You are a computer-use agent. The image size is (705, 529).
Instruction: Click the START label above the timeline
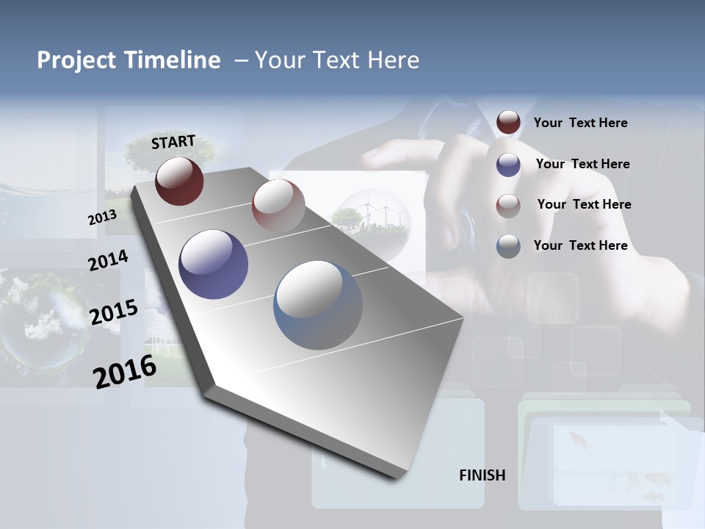click(x=173, y=142)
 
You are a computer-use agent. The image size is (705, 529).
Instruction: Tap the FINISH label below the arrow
click(x=482, y=475)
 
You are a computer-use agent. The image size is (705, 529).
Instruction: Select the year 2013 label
click(x=102, y=217)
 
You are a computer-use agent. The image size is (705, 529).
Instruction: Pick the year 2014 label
click(x=108, y=261)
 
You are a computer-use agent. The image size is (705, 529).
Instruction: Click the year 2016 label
click(x=125, y=371)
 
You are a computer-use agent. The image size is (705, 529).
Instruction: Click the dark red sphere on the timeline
click(x=179, y=181)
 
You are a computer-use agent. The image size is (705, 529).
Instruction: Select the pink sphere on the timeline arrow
click(x=278, y=205)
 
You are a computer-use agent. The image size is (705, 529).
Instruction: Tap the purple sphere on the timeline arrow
click(x=213, y=264)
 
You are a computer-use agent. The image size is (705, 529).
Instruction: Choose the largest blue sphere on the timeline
click(x=317, y=305)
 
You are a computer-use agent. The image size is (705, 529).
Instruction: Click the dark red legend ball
click(x=508, y=123)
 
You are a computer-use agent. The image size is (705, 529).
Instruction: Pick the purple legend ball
click(x=508, y=165)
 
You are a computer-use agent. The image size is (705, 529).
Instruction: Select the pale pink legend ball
click(x=508, y=205)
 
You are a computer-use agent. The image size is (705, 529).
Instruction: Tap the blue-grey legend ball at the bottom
click(x=508, y=246)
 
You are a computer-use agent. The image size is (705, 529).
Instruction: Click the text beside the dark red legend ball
click(x=580, y=123)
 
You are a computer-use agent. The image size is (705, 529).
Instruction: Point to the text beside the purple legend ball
click(x=582, y=164)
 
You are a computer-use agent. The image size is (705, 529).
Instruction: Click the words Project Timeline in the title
click(x=129, y=60)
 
